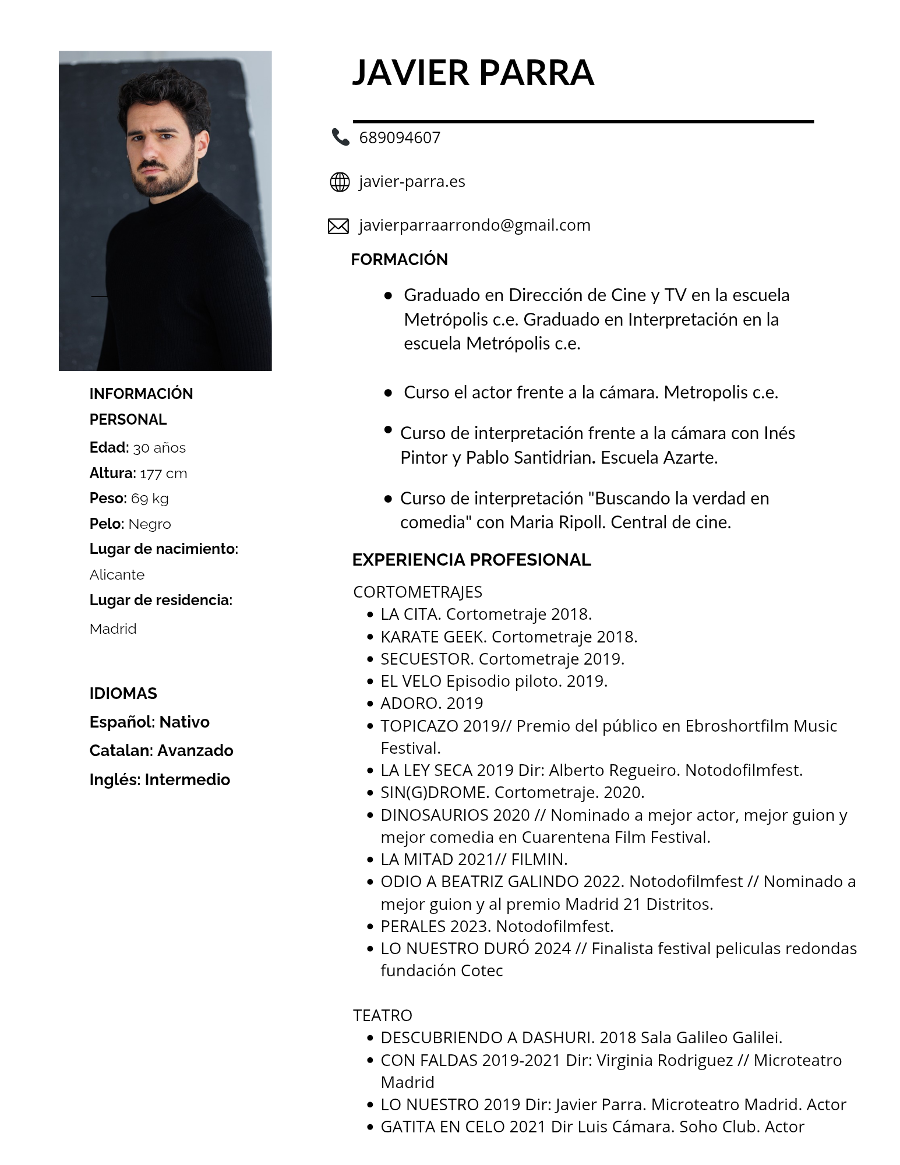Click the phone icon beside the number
pyautogui.click(x=340, y=137)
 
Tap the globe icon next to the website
pyautogui.click(x=340, y=182)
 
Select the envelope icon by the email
pyautogui.click(x=338, y=226)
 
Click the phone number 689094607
pyautogui.click(x=400, y=137)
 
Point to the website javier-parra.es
pyautogui.click(x=412, y=182)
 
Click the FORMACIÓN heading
pyautogui.click(x=399, y=259)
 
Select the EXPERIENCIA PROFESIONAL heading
pyautogui.click(x=471, y=560)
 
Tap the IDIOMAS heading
pyautogui.click(x=123, y=693)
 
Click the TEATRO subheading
pyautogui.click(x=382, y=1015)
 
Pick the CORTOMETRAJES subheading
pyautogui.click(x=418, y=592)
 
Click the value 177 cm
pyautogui.click(x=164, y=474)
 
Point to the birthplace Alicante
pyautogui.click(x=117, y=575)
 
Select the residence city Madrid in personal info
pyautogui.click(x=113, y=629)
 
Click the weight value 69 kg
pyautogui.click(x=150, y=499)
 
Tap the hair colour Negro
pyautogui.click(x=150, y=524)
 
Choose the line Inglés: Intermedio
pyautogui.click(x=160, y=779)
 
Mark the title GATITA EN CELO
pyautogui.click(x=442, y=1127)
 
